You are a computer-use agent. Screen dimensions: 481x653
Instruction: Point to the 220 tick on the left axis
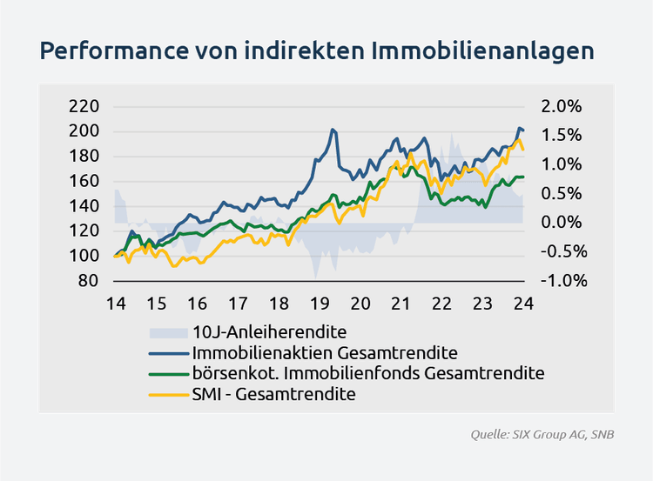[x=84, y=107]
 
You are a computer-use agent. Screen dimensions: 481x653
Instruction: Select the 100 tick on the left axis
[x=84, y=256]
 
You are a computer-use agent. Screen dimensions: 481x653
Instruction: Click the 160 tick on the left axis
[x=84, y=182]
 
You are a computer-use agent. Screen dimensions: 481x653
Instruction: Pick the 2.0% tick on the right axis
[x=562, y=107]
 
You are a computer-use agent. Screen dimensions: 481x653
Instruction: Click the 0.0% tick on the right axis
[x=562, y=223]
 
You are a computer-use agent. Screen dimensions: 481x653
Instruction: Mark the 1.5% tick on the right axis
[x=562, y=136]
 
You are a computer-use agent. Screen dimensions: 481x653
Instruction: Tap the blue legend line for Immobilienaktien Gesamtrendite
[x=169, y=353]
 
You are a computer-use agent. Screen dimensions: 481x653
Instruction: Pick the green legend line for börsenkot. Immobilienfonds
[x=169, y=374]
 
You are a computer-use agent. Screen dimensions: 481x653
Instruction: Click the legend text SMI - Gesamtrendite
[x=274, y=394]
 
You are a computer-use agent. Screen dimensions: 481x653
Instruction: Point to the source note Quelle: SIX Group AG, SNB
[x=542, y=433]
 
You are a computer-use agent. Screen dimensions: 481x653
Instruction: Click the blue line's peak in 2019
[x=333, y=130]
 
